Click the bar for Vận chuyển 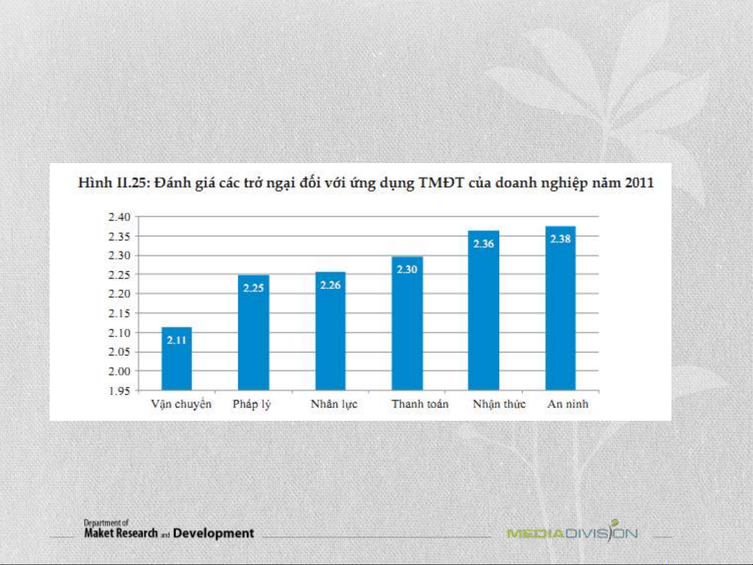tap(177, 361)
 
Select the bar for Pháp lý tap(253, 335)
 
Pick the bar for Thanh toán tap(407, 324)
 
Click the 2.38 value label tap(560, 239)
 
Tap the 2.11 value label tap(177, 340)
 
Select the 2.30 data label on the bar tap(407, 269)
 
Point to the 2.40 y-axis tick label tap(119, 217)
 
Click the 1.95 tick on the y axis tap(119, 391)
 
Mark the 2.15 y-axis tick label tap(119, 314)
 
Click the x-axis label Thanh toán tap(420, 404)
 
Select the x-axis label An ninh tap(567, 404)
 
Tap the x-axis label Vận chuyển tap(181, 405)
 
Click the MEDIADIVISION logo tap(572, 533)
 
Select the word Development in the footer tap(213, 533)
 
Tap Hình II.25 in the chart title tap(111, 183)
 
